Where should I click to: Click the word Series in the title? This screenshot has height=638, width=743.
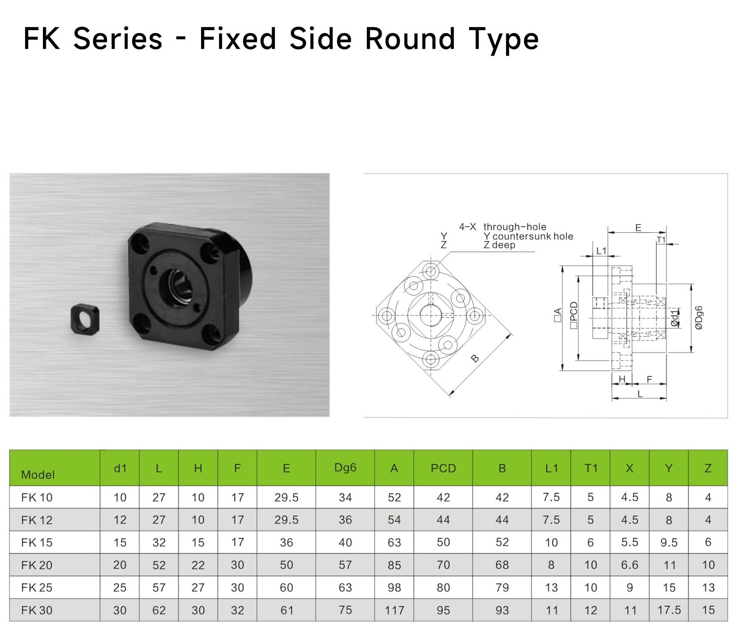118,39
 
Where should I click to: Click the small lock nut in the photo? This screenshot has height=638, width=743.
83,318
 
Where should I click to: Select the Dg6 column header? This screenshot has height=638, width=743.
345,468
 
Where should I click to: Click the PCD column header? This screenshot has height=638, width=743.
443,469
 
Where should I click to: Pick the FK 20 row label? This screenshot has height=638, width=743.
37,565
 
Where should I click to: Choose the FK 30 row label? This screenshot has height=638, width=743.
37,610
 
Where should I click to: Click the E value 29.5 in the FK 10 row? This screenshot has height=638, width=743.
286,497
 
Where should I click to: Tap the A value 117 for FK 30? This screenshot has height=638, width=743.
394,610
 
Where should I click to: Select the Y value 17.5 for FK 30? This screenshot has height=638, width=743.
669,610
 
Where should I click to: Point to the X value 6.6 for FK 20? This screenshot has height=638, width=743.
630,565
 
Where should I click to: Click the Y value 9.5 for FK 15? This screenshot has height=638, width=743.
669,542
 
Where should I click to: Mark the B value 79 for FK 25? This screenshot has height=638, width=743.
502,587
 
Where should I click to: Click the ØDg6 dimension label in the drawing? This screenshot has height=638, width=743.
699,318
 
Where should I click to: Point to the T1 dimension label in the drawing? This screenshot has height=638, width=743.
661,240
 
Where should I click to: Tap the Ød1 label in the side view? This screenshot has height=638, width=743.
674,318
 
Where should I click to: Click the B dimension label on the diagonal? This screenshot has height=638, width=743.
475,359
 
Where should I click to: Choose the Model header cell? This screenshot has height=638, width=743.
38,474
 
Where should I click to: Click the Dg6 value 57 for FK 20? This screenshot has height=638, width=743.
345,565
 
